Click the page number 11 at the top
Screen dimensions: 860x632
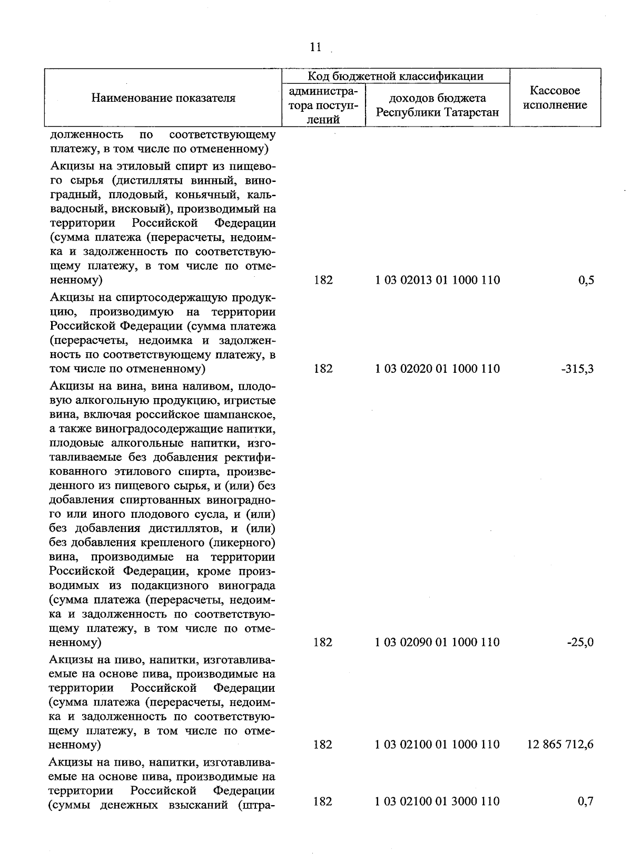point(315,47)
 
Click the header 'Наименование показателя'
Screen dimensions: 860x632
point(163,98)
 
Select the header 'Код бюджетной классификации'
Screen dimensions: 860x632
point(396,76)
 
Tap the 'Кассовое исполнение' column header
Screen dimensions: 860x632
point(555,98)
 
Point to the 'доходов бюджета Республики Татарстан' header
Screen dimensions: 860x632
point(438,105)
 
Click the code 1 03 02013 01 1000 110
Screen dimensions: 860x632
point(438,280)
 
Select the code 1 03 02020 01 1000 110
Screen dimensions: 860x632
point(438,369)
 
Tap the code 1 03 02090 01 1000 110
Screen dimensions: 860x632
point(438,642)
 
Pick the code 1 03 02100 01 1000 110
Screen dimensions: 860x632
point(438,745)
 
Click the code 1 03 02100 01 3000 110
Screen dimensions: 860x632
point(438,801)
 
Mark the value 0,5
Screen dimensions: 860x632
point(586,280)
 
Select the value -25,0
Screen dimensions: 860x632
point(580,642)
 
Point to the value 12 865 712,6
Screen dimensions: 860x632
point(560,745)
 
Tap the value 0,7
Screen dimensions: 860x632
point(586,801)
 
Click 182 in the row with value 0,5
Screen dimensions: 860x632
point(323,280)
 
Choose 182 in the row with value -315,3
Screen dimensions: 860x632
point(323,369)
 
